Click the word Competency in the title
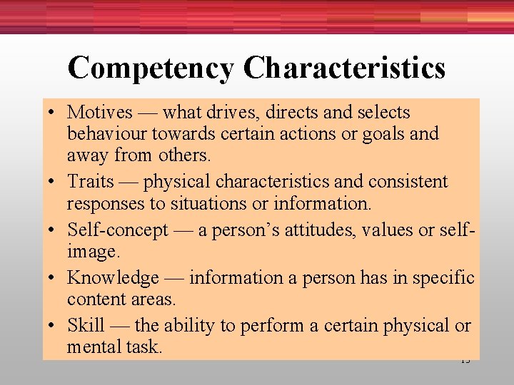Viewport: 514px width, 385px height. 151,68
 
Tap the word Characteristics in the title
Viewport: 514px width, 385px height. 344,68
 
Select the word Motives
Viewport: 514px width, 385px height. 100,113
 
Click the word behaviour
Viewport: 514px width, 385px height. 104,134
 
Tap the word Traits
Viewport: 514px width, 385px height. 91,182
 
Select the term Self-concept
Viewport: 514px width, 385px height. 118,230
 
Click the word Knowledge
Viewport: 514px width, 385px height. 113,278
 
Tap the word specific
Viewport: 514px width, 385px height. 441,278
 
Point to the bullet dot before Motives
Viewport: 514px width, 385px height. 54,113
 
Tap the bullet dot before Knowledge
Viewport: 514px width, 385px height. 54,279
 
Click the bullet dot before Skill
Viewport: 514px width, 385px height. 54,327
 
